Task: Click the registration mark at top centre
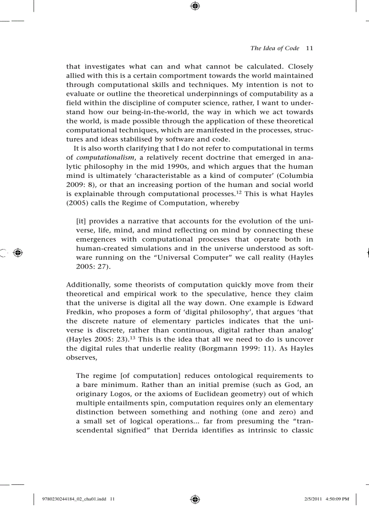(195, 6)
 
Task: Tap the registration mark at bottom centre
(195, 499)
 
